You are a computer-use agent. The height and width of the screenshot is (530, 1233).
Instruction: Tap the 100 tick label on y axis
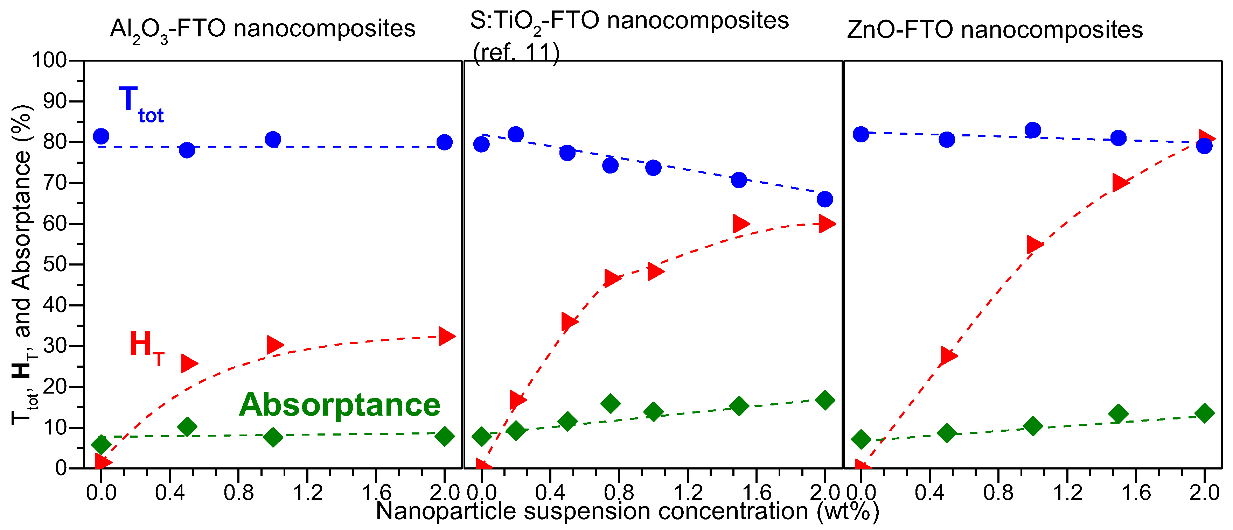49,61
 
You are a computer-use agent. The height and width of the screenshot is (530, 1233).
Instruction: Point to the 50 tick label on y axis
55,264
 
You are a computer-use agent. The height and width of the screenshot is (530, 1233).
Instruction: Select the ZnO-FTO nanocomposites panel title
994,30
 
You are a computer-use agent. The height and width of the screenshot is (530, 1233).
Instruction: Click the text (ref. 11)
516,52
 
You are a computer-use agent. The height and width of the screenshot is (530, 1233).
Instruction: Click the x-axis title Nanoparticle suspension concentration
627,511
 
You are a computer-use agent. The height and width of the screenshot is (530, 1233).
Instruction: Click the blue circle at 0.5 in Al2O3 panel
187,150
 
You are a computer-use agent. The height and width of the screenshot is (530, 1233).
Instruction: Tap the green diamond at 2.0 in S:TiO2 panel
824,400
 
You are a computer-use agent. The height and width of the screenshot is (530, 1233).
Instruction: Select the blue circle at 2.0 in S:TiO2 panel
824,199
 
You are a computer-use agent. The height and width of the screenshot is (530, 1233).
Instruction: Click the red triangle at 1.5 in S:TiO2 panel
739,224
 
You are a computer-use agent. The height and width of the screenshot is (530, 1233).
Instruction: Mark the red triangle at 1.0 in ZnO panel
1034,245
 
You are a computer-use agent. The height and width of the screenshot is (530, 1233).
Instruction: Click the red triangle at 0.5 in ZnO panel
948,355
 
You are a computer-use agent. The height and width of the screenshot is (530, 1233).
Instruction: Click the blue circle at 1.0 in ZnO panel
1032,130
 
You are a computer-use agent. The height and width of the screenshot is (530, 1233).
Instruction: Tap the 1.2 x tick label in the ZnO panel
1067,493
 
